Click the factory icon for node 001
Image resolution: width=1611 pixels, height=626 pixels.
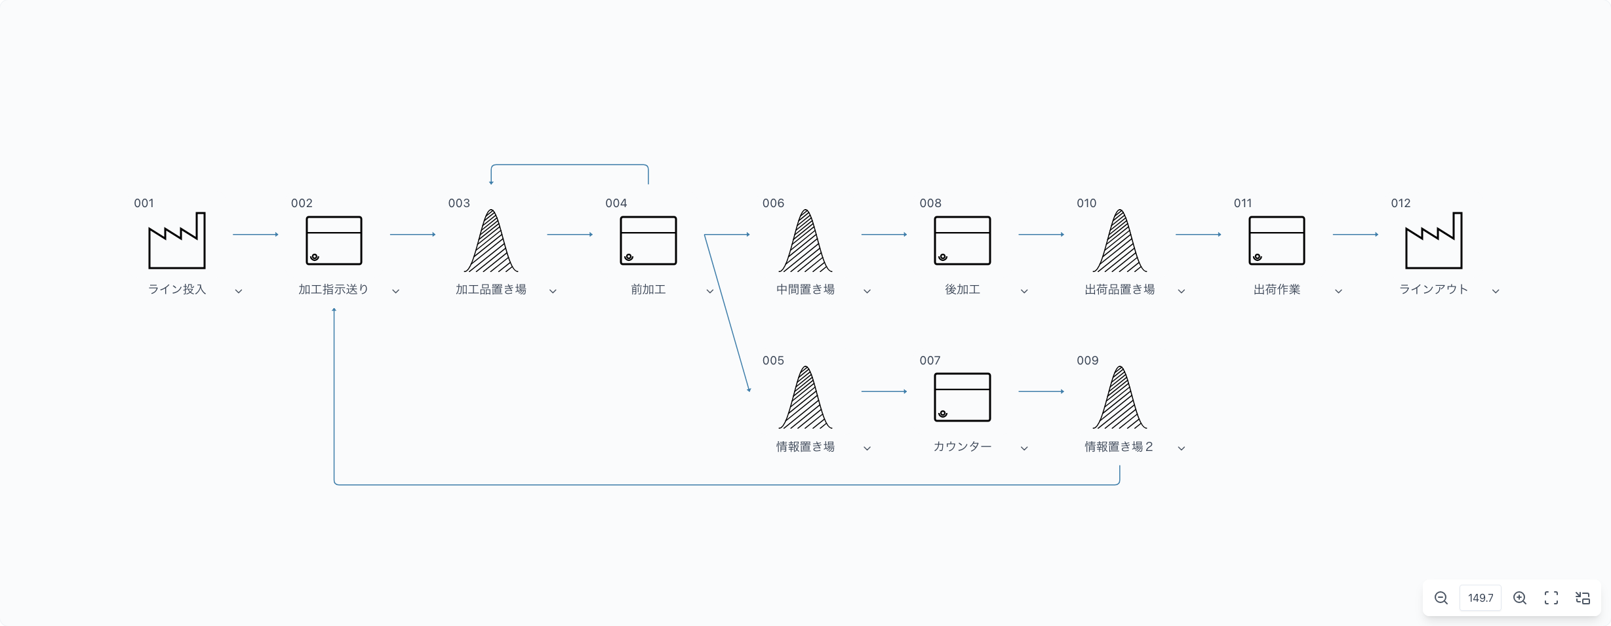[177, 240]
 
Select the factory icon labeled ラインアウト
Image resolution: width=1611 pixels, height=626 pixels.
[1434, 240]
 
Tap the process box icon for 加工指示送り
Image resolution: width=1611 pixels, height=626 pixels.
[334, 241]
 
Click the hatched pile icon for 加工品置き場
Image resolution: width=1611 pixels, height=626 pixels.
[491, 241]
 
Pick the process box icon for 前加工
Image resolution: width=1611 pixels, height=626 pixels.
[648, 241]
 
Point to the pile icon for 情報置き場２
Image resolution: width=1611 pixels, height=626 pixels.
[1120, 397]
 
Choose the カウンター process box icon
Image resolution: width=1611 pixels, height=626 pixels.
[963, 397]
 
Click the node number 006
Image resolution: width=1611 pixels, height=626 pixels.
[773, 203]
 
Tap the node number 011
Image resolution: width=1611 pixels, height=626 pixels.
[1243, 203]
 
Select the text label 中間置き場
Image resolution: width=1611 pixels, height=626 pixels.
[805, 289]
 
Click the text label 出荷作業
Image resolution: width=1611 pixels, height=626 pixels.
[1277, 289]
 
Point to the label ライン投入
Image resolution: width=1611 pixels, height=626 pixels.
[177, 289]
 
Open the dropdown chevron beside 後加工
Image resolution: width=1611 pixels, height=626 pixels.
[1024, 291]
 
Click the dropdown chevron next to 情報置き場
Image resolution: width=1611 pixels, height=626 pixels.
[867, 448]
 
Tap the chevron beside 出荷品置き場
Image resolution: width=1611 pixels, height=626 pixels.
[1182, 291]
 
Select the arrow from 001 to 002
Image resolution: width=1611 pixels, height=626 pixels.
[256, 234]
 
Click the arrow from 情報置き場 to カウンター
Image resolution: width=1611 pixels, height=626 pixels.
[885, 391]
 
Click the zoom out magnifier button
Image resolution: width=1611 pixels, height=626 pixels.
[1441, 598]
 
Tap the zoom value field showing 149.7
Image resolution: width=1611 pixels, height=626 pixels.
[1481, 598]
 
